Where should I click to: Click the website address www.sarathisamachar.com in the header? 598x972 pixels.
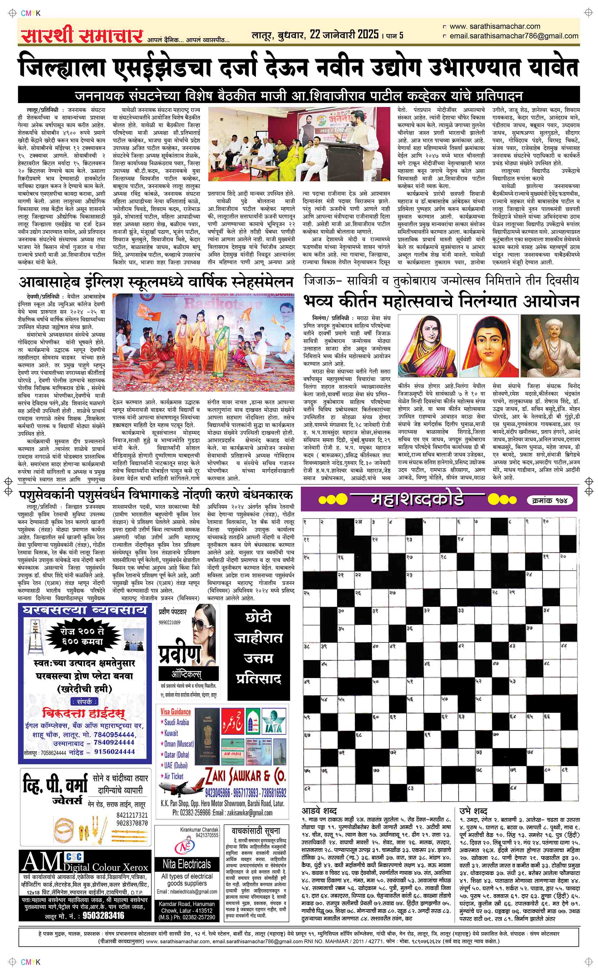(x=494, y=27)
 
